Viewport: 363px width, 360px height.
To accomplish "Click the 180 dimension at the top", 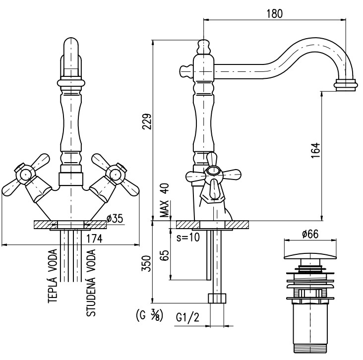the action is pos(275,13).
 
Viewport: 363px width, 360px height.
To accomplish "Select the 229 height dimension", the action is pos(147,121).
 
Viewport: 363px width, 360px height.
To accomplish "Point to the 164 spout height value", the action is pos(315,150).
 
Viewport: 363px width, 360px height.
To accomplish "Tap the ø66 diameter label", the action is pos(310,234).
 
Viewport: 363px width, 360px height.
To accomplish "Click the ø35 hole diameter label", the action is pos(115,218).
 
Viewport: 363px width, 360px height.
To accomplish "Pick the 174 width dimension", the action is pos(94,239).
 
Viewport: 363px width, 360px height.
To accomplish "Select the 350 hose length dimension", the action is pos(147,263).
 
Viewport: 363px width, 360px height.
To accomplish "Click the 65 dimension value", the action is pos(165,255).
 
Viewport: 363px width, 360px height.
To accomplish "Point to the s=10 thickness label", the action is pos(188,238).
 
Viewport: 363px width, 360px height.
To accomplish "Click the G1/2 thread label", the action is pos(187,318).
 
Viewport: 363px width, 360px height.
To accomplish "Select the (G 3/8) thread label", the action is pos(150,315).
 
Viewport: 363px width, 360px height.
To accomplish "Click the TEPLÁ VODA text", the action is pos(53,276).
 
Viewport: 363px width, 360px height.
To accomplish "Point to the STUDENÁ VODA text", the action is pos(91,283).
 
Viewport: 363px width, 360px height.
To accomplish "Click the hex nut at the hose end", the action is pos(217,298).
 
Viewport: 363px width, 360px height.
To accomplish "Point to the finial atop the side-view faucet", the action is pos(204,47).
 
